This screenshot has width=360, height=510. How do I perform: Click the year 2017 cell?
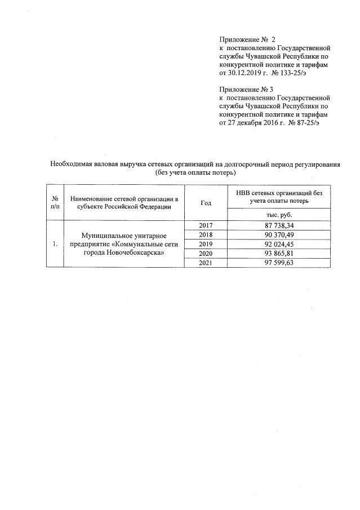pos(206,225)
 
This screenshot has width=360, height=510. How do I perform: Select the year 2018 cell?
pos(206,234)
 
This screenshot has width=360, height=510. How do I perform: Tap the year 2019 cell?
pos(206,244)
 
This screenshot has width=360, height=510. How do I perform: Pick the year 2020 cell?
pos(206,254)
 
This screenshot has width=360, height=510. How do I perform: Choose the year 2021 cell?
pos(206,263)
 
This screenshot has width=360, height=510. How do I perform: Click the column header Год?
pos(206,202)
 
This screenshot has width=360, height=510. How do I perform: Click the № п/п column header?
pos(55,202)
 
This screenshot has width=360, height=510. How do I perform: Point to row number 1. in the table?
pos(55,244)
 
